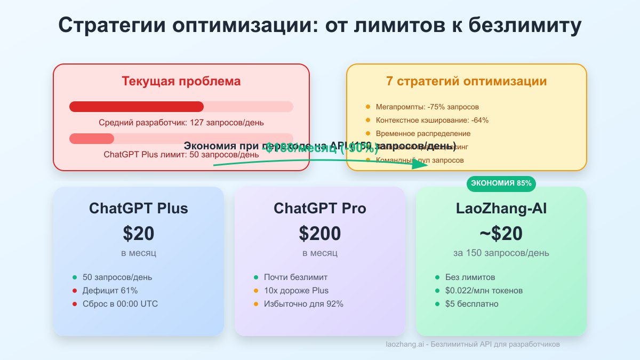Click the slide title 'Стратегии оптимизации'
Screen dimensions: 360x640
[x=319, y=26]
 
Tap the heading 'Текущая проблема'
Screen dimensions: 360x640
[x=181, y=82]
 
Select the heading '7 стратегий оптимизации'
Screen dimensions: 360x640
[x=467, y=82]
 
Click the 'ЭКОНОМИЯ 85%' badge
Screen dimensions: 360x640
[x=501, y=183]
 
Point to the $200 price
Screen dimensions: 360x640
[x=320, y=234]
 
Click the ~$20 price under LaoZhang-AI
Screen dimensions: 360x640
[x=501, y=234]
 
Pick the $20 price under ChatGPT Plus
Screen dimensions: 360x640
[x=139, y=234]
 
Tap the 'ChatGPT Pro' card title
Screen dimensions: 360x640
[x=320, y=208]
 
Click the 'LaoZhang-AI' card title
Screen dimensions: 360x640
[x=501, y=208]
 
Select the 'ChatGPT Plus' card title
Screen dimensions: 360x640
[x=139, y=208]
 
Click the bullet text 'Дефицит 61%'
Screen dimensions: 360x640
[x=110, y=291]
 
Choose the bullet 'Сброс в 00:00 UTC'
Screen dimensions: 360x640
[x=120, y=304]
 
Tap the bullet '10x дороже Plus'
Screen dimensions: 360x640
[x=296, y=291]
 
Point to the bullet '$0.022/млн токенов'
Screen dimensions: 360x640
[x=484, y=291]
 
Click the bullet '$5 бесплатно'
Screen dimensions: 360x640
[x=472, y=304]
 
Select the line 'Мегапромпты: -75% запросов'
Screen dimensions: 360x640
[x=427, y=107]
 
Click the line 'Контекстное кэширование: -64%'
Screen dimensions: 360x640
[x=432, y=120]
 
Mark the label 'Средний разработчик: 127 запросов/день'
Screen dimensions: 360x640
[x=181, y=123]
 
